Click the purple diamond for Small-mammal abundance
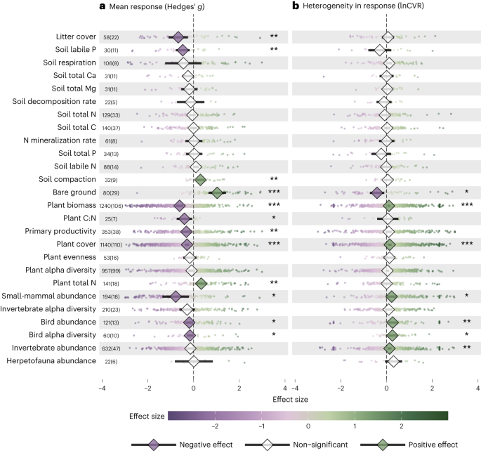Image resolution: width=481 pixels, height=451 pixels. tap(176, 296)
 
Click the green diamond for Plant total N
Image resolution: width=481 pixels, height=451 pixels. tap(200, 283)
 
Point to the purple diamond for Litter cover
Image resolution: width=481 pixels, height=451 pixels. tap(178, 37)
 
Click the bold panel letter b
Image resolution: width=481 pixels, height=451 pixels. tap(296, 6)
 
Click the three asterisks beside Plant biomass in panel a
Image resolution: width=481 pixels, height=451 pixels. tap(274, 206)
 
